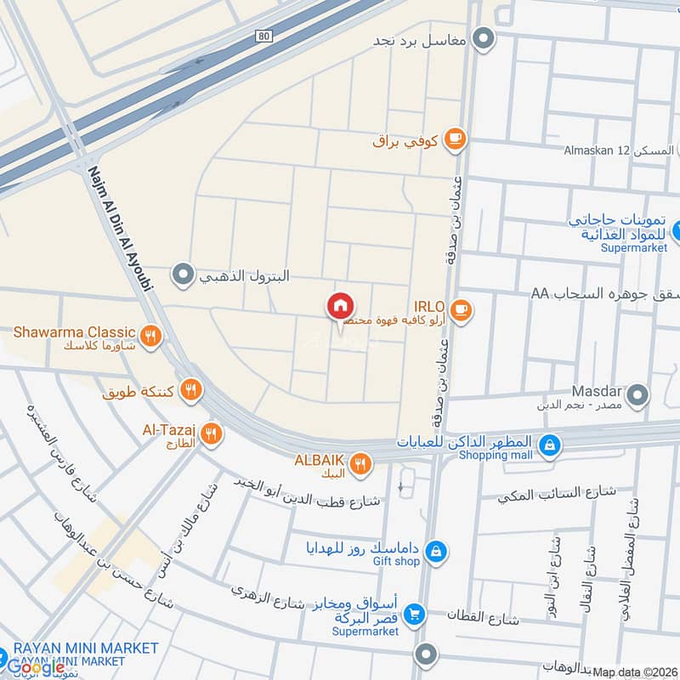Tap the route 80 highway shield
point(264,35)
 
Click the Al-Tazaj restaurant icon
point(212,433)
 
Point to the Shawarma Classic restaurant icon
point(150,337)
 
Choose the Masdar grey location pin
point(636,394)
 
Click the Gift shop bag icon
point(435,552)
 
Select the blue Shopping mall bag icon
point(550,444)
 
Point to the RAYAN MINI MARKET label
point(85,648)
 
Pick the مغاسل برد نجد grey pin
point(484,39)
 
